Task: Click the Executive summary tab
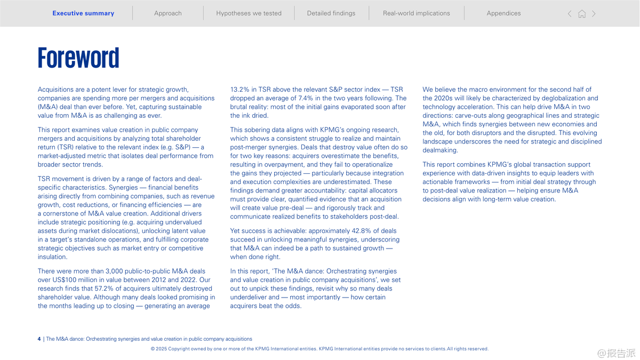[x=83, y=13]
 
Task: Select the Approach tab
[x=168, y=13]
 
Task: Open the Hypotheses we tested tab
[x=249, y=13]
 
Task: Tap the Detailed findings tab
[x=331, y=13]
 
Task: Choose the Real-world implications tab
[x=417, y=13]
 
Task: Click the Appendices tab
[x=503, y=13]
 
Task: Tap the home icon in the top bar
[x=582, y=14]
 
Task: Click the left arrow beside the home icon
[x=570, y=14]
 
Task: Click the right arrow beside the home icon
[x=594, y=14]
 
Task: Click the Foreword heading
[x=78, y=58]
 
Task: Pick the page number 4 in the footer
[x=39, y=339]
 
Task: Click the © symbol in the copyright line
[x=153, y=349]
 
